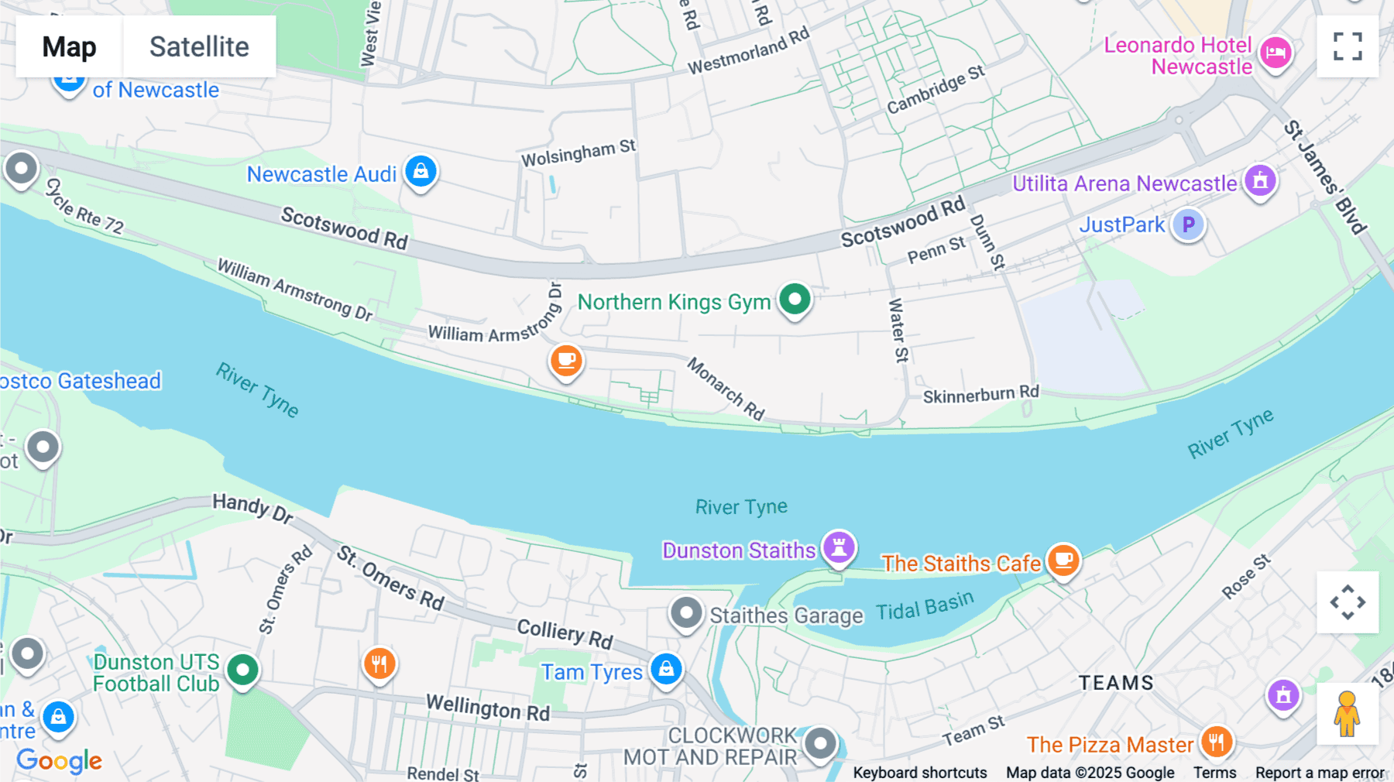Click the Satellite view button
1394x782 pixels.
pyautogui.click(x=199, y=46)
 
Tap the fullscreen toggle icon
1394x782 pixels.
pyautogui.click(x=1348, y=46)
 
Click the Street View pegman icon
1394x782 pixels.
pyautogui.click(x=1347, y=714)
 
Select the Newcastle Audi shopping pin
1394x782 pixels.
pyautogui.click(x=421, y=171)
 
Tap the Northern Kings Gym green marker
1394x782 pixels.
pyautogui.click(x=795, y=300)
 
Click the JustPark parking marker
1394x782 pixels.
pyautogui.click(x=1188, y=225)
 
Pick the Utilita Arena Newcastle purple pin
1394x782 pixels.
pyautogui.click(x=1260, y=181)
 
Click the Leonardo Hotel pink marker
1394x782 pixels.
pyautogui.click(x=1275, y=53)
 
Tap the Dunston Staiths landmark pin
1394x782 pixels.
pyautogui.click(x=839, y=547)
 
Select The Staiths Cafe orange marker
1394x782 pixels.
pyautogui.click(x=1063, y=559)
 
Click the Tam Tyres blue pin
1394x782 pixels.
pyautogui.click(x=666, y=669)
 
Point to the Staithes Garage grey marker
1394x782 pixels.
pyautogui.click(x=686, y=613)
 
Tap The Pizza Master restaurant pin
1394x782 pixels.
pyautogui.click(x=1216, y=742)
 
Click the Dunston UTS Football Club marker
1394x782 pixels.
pyautogui.click(x=242, y=670)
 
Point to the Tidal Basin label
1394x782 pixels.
pyautogui.click(x=925, y=607)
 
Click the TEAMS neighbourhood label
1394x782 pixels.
pyautogui.click(x=1116, y=683)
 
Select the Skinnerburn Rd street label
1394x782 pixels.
pyautogui.click(x=980, y=395)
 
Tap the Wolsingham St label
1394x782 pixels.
pyautogui.click(x=578, y=153)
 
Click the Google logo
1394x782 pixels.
pyautogui.click(x=60, y=760)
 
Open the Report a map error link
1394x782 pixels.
pyautogui.click(x=1320, y=773)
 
